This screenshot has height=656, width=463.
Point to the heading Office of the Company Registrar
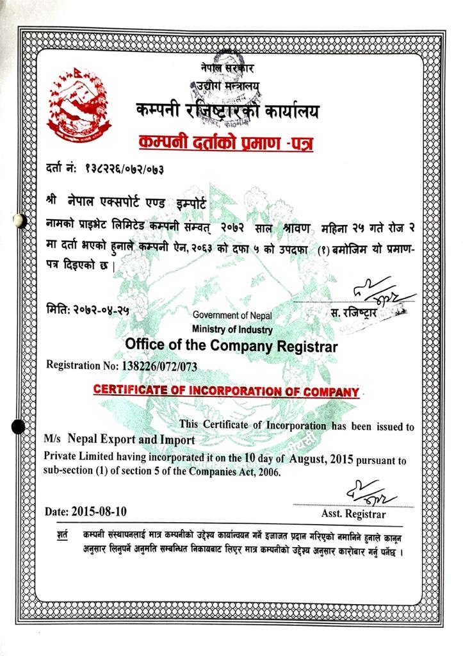231,346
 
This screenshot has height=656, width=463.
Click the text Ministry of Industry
232,329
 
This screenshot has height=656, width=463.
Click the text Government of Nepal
232,315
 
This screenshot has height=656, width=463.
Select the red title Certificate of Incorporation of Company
226,390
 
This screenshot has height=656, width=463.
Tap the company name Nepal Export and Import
131,441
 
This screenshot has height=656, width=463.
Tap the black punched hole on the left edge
19,425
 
